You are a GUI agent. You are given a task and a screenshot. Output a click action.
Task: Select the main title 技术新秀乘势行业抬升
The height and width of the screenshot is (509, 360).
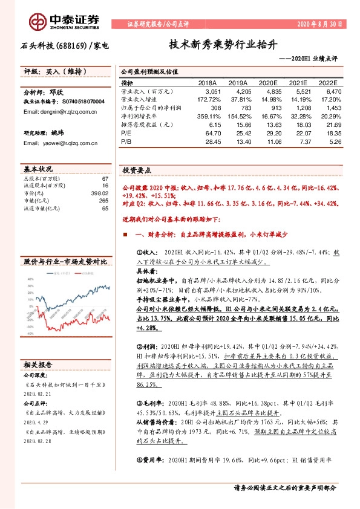tap(223, 45)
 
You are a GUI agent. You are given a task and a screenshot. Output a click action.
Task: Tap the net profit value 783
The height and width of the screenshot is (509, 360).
tap(242, 107)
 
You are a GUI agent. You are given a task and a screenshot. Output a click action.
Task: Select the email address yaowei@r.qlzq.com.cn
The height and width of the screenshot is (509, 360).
tap(52, 143)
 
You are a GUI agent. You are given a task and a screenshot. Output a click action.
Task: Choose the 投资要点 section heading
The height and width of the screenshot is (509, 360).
tap(137, 170)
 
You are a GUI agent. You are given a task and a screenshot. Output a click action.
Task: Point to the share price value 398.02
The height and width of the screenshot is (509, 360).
tap(100, 193)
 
